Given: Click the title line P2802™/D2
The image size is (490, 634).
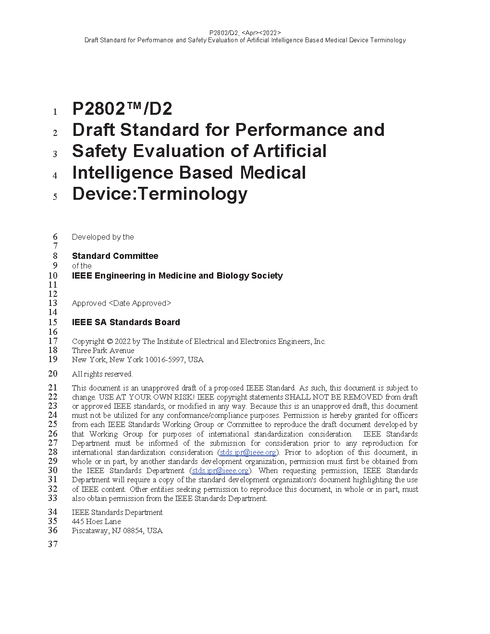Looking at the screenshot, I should [122, 109].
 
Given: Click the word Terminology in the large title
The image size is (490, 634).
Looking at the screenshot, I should [192, 194].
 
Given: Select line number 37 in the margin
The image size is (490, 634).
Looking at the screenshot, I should [52, 544].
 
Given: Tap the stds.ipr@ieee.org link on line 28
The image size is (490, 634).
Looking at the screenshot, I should [248, 452].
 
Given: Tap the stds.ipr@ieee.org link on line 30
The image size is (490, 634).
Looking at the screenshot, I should [220, 471].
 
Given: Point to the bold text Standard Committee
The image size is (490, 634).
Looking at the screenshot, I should [115, 256].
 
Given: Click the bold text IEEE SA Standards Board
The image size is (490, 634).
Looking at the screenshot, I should [126, 322].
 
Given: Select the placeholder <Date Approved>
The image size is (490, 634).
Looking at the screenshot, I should [140, 304].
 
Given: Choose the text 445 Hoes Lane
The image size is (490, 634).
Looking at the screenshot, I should [96, 522].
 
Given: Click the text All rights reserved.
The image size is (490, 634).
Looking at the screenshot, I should [102, 374].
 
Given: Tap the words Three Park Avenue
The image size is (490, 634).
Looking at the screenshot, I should [103, 351].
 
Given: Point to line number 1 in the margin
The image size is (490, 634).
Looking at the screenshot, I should [55, 112].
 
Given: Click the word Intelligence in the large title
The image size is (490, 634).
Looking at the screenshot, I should [122, 172].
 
